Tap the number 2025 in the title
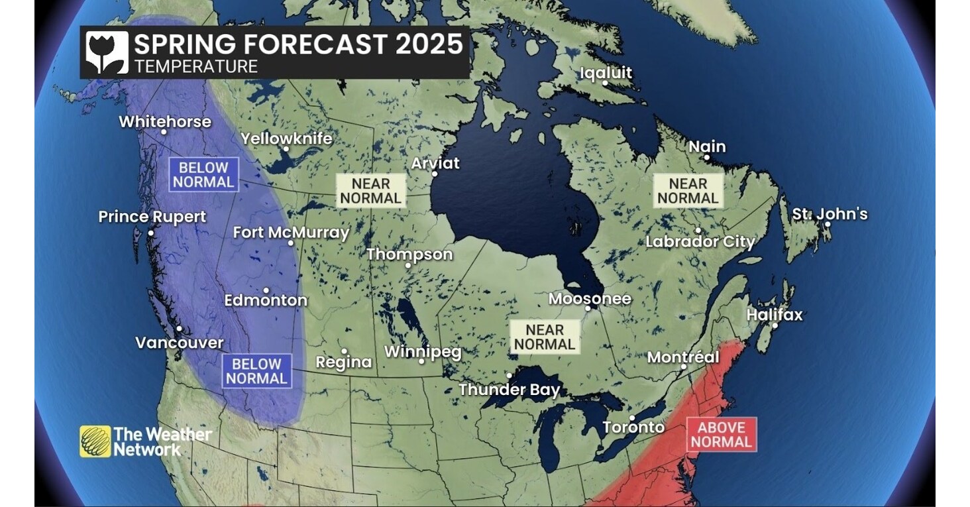click(x=429, y=44)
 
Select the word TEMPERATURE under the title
click(x=195, y=66)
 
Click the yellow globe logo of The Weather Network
click(x=95, y=441)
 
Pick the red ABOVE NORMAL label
click(x=721, y=435)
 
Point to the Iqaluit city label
click(x=606, y=73)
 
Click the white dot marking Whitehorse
click(x=164, y=132)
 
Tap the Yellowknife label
click(x=286, y=139)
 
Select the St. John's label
click(x=830, y=214)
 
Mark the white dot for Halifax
click(x=775, y=325)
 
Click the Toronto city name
click(x=633, y=427)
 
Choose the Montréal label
click(x=682, y=357)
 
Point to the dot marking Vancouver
click(x=179, y=328)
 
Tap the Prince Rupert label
click(x=152, y=217)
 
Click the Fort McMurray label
click(x=291, y=233)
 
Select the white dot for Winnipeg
click(x=421, y=361)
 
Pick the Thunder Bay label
click(x=510, y=390)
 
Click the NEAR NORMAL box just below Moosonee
click(x=545, y=337)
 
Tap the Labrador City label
click(x=700, y=242)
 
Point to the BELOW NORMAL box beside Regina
click(x=256, y=371)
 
